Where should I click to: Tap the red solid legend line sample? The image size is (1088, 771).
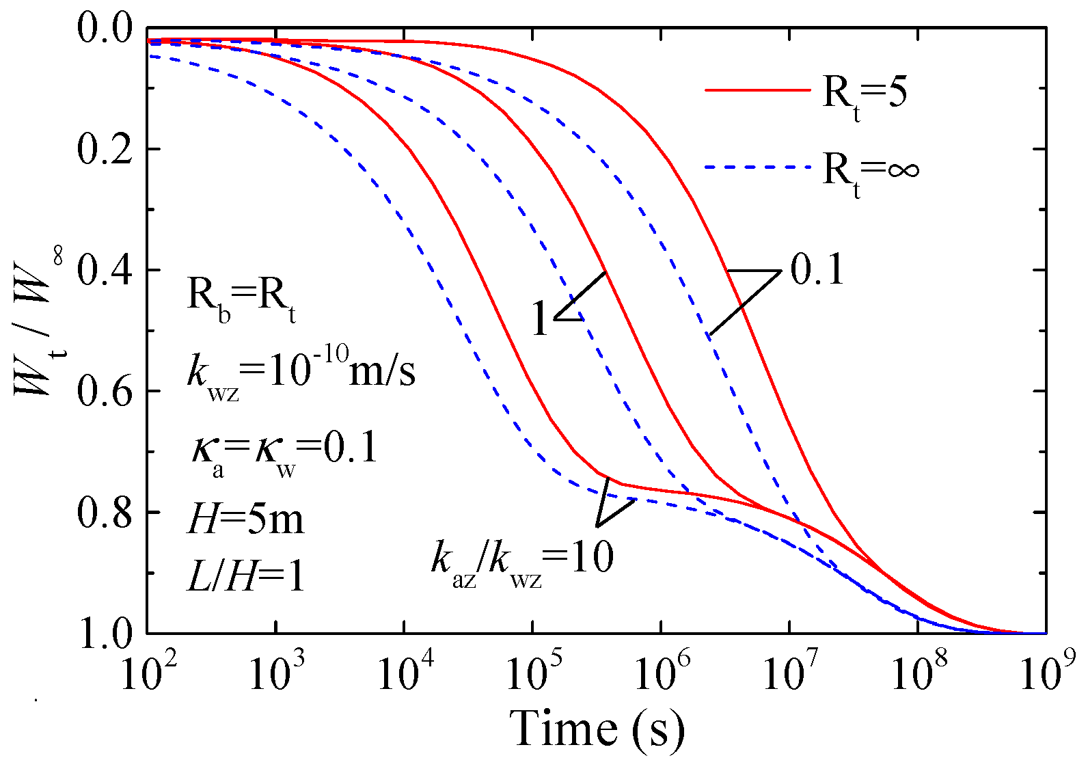pos(757,90)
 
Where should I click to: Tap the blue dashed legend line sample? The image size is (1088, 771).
pos(757,167)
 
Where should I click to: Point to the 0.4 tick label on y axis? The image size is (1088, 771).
pos(104,270)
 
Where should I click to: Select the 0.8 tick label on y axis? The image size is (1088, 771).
pos(104,513)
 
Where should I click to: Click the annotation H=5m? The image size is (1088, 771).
pos(245,519)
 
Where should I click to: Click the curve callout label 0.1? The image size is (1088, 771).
pos(817,269)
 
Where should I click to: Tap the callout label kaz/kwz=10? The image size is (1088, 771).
pos(522,560)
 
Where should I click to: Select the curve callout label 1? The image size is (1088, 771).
pos(540,320)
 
